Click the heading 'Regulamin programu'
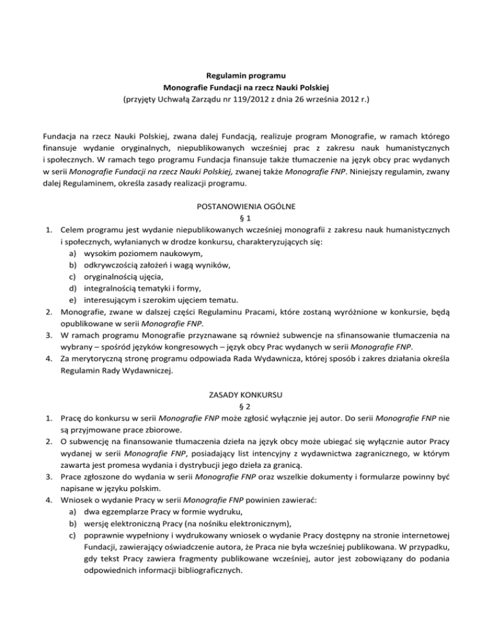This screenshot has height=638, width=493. [246, 76]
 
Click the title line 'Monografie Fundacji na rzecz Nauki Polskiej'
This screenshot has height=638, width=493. [246, 88]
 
